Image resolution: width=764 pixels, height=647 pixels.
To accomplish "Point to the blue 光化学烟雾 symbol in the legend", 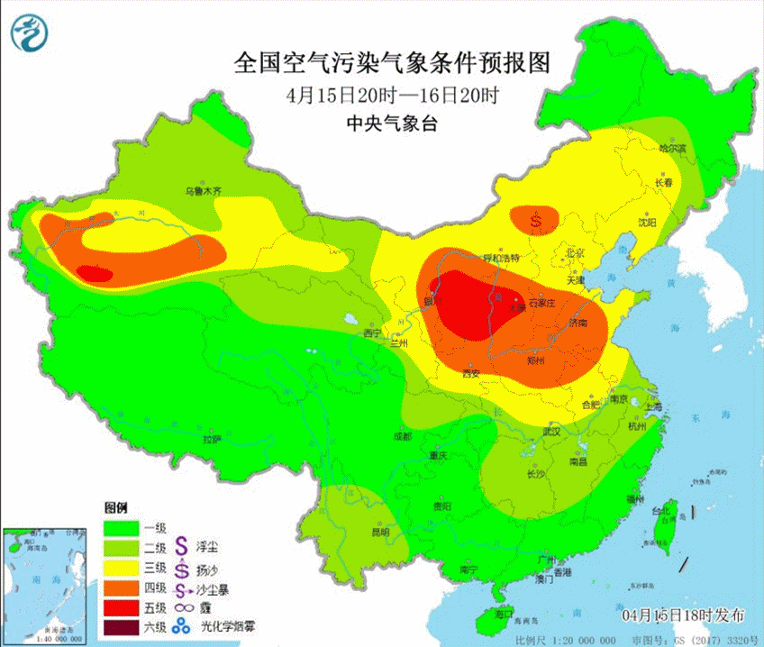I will tap(182, 628).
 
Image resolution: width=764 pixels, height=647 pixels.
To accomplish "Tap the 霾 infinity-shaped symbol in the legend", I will tap(182, 609).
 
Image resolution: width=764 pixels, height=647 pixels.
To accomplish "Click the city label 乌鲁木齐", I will tap(203, 191).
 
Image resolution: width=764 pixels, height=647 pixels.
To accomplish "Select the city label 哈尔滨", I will tap(672, 148).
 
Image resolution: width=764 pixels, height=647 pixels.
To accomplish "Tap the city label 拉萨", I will tap(212, 439).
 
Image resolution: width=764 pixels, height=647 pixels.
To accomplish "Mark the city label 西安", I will tap(470, 373).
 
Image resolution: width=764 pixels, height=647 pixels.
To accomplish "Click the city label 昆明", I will tap(380, 532).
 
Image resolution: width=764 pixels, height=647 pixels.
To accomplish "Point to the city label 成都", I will tap(402, 436).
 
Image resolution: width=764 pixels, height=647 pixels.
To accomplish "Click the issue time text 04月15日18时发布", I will tap(684, 615).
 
